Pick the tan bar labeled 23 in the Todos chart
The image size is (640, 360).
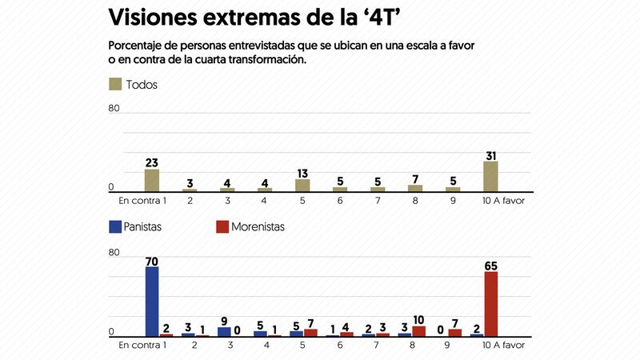click(x=152, y=180)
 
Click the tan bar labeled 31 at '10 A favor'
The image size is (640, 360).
click(x=490, y=176)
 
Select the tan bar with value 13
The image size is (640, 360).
click(x=302, y=185)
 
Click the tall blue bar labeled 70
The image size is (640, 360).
click(x=152, y=302)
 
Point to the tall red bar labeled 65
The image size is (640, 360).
click(x=490, y=304)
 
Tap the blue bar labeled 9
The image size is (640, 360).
click(x=225, y=331)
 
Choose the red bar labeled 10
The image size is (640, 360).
click(x=418, y=331)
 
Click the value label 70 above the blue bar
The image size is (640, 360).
click(x=151, y=260)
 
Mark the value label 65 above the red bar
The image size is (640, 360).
click(x=490, y=265)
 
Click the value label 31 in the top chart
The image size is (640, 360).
click(x=490, y=155)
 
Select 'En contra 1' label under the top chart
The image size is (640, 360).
click(x=142, y=200)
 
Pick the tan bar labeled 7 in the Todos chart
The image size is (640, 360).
click(x=415, y=188)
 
